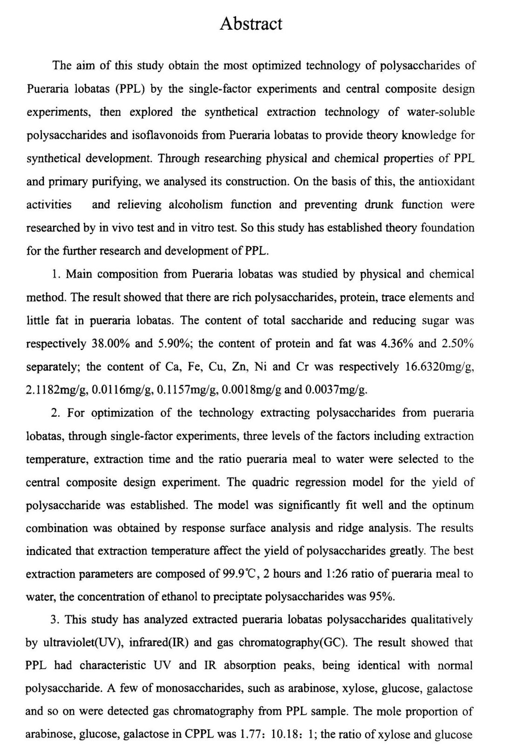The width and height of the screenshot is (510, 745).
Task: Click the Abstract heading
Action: (251, 24)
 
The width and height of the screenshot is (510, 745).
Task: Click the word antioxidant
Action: (448, 182)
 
